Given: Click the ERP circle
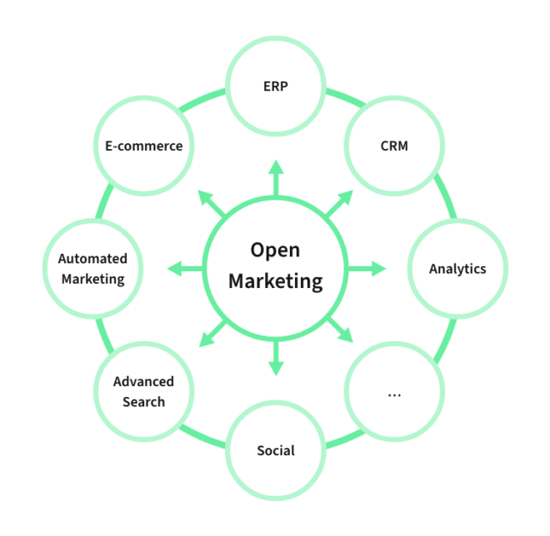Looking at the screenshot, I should tap(276, 87).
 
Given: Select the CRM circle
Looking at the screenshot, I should tap(394, 146).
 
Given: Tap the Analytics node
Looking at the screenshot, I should tap(457, 269).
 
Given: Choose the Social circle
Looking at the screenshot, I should tap(276, 450).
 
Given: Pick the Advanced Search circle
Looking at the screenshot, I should tap(144, 391).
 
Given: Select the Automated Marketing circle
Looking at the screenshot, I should tap(92, 269).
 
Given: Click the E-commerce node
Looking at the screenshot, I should tap(143, 146).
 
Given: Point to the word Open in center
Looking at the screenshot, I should tap(275, 250).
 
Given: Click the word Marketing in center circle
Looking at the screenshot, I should tap(275, 281).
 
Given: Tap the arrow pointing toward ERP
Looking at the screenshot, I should tap(276, 177).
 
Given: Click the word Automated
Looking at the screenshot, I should tap(92, 259).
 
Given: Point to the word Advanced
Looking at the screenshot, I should tap(143, 382).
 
